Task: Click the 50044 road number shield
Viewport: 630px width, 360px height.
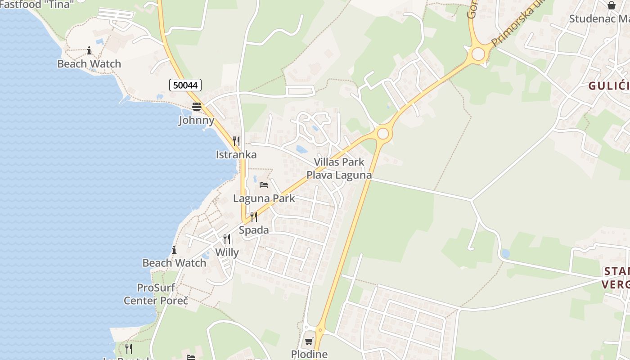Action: tap(185, 85)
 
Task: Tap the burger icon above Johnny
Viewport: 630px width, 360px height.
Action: tap(197, 107)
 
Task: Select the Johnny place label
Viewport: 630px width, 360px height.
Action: tap(197, 120)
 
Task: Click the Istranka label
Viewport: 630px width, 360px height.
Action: tap(236, 155)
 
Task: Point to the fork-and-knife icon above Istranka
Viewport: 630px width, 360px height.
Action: tap(236, 141)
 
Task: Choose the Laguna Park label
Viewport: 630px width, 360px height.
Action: tap(264, 198)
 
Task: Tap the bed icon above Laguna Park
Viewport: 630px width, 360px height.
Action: tap(264, 185)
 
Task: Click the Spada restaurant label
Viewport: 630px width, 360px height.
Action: tap(254, 230)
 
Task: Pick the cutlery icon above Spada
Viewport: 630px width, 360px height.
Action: tap(254, 217)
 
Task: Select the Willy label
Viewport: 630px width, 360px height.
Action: tap(227, 252)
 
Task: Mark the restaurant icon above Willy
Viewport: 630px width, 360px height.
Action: tap(227, 239)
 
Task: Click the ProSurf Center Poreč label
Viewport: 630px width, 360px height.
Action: tap(156, 294)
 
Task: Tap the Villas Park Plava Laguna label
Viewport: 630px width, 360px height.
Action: tap(339, 168)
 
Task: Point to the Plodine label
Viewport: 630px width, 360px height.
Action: tap(309, 354)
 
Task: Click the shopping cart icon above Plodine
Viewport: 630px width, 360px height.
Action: tap(309, 341)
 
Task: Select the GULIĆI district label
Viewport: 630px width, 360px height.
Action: tap(609, 86)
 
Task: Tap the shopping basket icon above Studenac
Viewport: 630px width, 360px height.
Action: tap(612, 5)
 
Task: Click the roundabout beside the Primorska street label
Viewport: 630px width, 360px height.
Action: tap(478, 54)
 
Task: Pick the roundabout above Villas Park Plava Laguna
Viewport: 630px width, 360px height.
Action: tap(383, 134)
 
